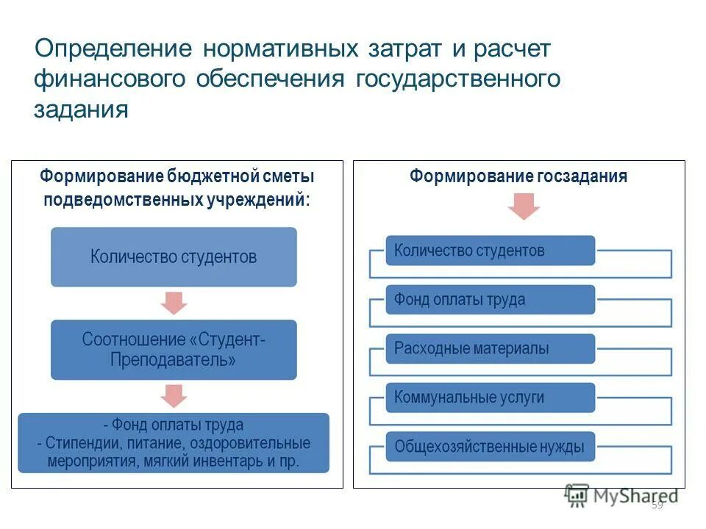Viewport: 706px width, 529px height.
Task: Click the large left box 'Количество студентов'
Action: tap(174, 256)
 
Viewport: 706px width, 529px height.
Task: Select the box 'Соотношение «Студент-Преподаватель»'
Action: tap(174, 350)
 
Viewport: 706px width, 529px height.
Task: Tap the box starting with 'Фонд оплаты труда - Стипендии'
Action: tap(174, 444)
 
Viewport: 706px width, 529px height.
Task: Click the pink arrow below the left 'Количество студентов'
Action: tap(174, 302)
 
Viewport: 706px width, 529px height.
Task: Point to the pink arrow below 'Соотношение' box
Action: tap(174, 395)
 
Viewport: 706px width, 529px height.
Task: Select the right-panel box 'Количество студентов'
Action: tap(491, 251)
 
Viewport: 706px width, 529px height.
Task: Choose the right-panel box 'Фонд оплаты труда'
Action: tap(491, 300)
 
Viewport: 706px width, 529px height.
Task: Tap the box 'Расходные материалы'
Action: tap(491, 348)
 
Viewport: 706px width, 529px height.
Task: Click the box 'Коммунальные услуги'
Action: tap(491, 397)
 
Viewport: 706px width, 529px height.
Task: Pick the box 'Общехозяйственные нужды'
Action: tap(491, 446)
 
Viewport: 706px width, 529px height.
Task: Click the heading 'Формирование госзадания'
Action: tap(518, 176)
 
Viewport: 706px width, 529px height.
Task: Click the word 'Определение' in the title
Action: tap(113, 49)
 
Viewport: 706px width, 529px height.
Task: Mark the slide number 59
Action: tap(657, 505)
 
